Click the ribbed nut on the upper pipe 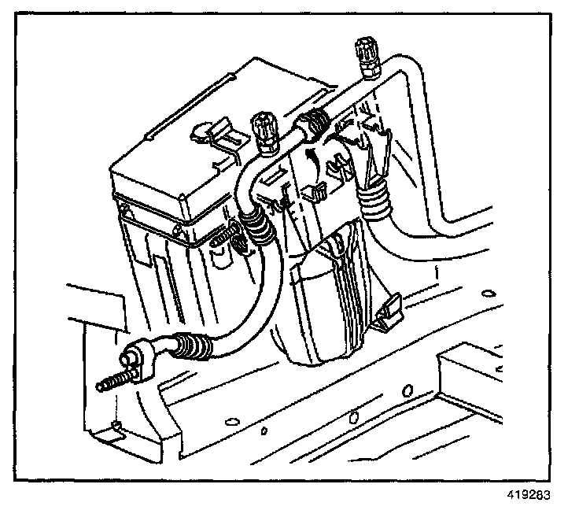(314, 125)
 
